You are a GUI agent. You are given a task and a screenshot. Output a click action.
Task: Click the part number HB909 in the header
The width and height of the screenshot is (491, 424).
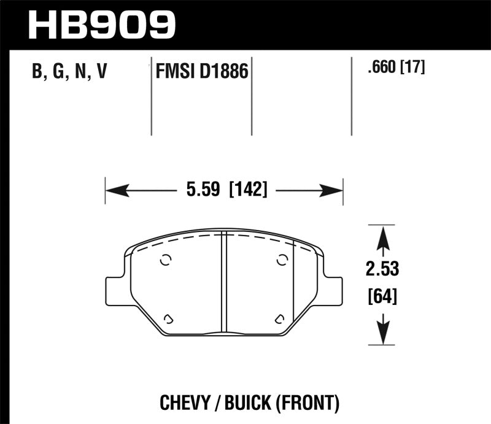click(x=102, y=23)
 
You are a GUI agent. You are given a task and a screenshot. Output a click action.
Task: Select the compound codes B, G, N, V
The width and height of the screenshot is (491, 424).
click(x=69, y=72)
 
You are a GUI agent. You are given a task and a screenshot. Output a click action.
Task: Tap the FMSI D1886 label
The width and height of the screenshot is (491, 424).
click(x=201, y=72)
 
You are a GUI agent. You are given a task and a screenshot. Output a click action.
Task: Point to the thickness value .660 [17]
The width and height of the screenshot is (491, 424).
click(x=394, y=67)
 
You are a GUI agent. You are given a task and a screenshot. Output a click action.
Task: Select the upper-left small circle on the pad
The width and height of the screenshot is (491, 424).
click(x=165, y=260)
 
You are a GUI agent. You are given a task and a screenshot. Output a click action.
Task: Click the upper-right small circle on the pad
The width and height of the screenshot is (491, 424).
click(x=282, y=260)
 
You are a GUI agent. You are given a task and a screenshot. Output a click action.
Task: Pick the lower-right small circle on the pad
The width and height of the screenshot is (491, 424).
click(x=279, y=318)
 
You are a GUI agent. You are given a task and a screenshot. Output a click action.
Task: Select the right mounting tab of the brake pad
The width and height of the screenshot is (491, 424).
click(x=332, y=288)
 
